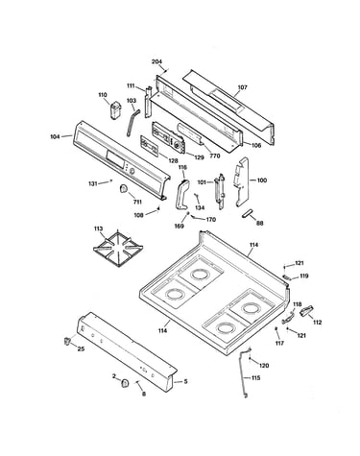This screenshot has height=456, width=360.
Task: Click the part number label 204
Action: (x=156, y=61)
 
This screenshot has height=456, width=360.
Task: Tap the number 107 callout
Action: (x=243, y=87)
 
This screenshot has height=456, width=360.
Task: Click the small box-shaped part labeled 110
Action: (x=116, y=110)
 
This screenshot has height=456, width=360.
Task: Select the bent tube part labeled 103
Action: (x=133, y=123)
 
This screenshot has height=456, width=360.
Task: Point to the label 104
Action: (x=55, y=136)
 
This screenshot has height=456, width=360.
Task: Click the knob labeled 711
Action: (x=124, y=189)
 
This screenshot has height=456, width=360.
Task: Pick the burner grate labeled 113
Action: (x=118, y=249)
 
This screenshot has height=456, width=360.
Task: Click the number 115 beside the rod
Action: (x=255, y=378)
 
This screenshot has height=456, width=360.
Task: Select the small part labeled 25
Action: (x=67, y=341)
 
